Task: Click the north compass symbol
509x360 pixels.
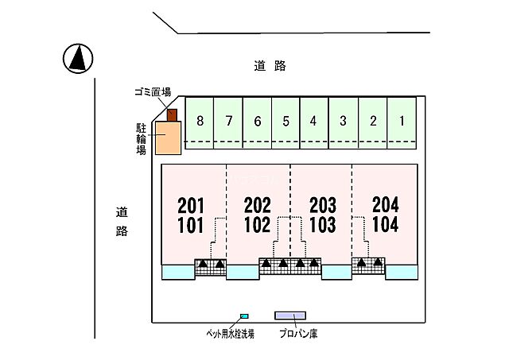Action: coord(77,58)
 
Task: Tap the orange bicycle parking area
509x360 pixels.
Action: coord(168,138)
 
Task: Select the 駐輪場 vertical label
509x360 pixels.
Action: coord(141,138)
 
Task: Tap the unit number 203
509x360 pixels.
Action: coord(321,204)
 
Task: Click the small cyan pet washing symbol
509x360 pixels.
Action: coord(244,316)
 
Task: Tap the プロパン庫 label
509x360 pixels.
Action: coord(298,335)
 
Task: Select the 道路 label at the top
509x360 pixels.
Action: coord(270,67)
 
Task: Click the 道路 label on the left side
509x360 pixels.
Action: coord(122,222)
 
